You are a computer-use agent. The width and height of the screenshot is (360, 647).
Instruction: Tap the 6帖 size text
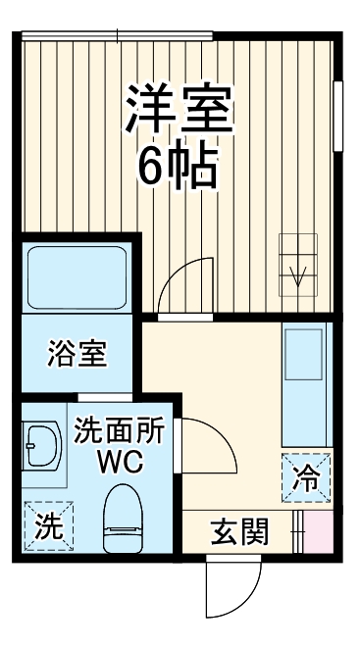[178, 168]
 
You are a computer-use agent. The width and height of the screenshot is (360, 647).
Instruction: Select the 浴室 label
[77, 354]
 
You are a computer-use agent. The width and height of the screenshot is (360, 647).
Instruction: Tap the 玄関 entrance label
[239, 533]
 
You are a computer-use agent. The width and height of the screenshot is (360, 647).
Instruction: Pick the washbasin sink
[43, 449]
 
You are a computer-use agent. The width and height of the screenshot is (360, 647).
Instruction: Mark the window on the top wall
[118, 36]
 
